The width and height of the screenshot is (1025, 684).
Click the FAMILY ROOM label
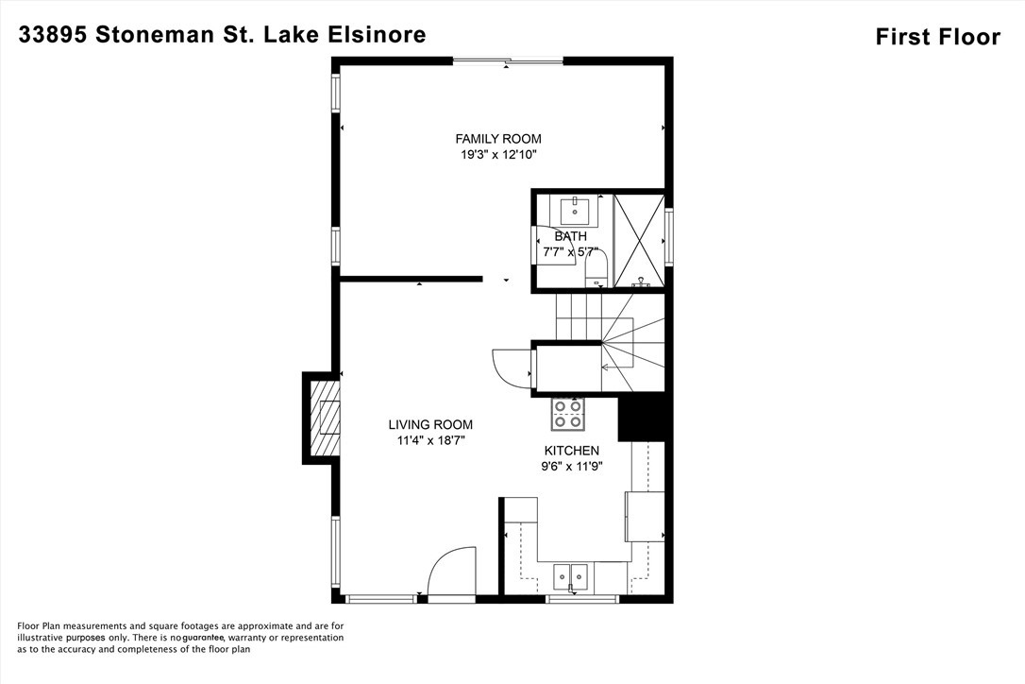[498, 139]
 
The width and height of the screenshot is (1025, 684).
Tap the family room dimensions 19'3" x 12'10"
[498, 155]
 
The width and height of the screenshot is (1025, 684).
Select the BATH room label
[570, 236]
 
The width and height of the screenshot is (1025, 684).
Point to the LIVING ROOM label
[430, 425]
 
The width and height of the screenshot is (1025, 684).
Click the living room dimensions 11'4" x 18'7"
[430, 440]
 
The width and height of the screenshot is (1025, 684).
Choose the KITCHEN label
[571, 451]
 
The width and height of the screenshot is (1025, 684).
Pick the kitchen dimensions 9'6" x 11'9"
[571, 466]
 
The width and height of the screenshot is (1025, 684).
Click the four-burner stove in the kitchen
[568, 414]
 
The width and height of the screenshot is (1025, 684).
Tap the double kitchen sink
[571, 573]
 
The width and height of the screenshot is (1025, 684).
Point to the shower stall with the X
[639, 240]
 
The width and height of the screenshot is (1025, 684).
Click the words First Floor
[937, 38]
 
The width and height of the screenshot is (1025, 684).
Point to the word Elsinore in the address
[378, 35]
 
